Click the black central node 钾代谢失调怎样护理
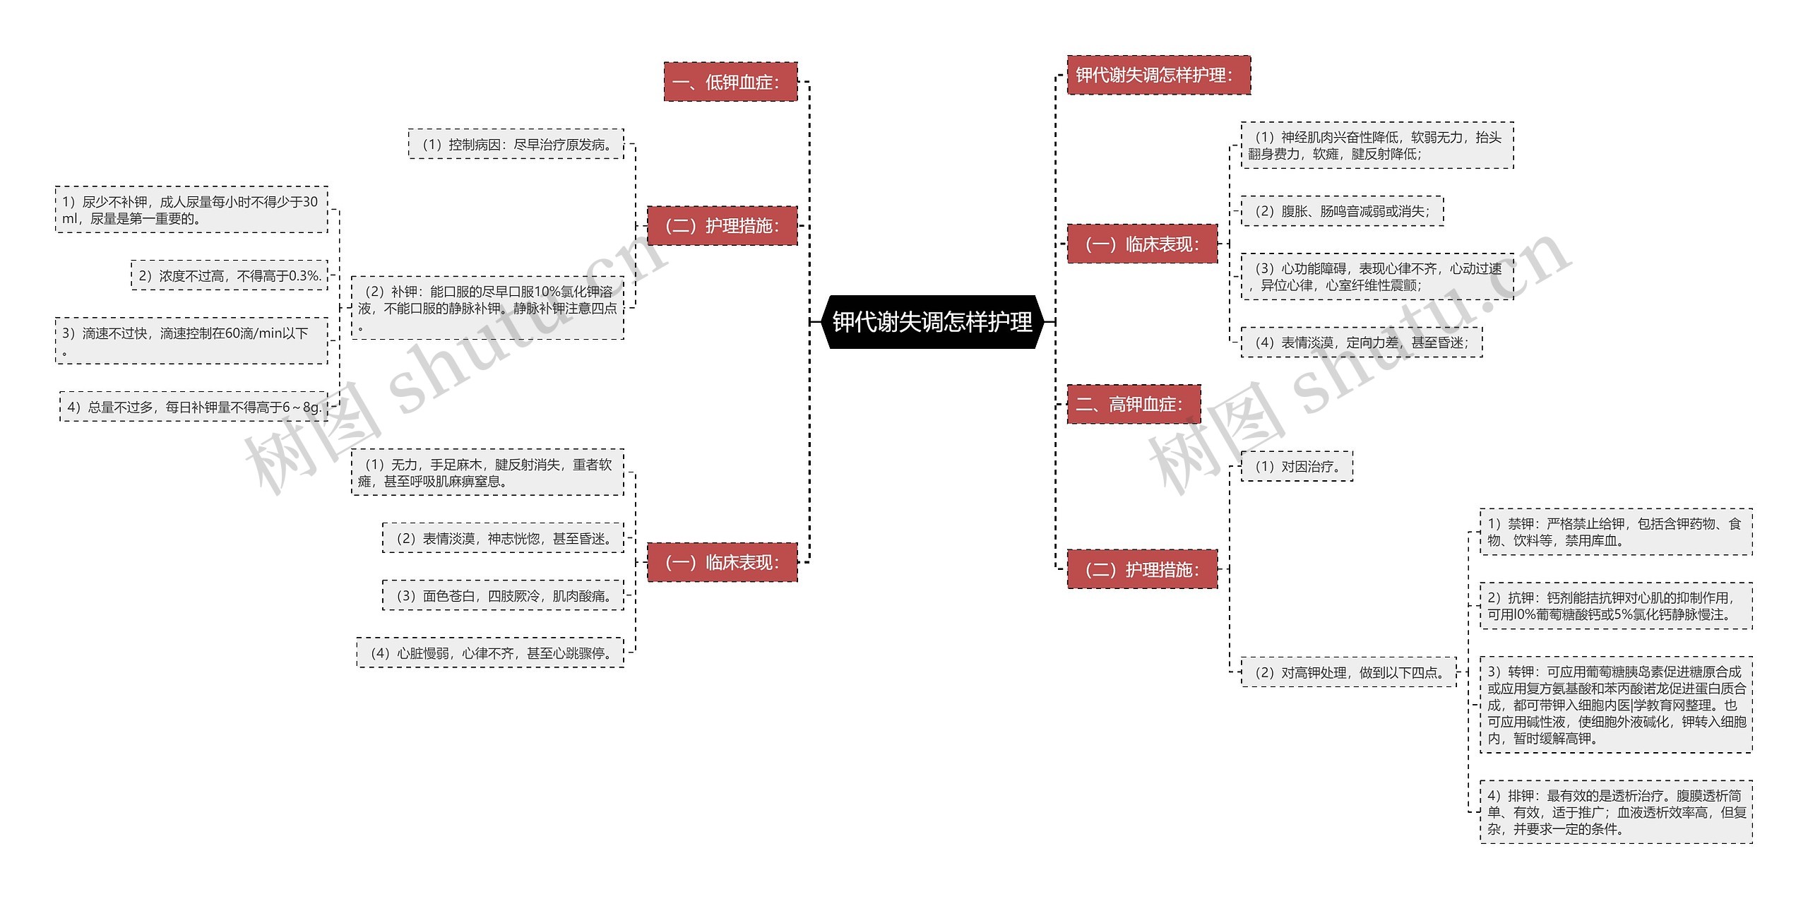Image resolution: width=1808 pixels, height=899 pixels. click(932, 322)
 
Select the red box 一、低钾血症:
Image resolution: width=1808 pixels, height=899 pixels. click(730, 82)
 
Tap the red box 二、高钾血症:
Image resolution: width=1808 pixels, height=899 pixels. click(1134, 404)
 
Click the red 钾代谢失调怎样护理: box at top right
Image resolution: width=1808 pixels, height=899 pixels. click(1158, 75)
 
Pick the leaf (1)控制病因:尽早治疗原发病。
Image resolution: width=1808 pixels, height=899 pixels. click(516, 144)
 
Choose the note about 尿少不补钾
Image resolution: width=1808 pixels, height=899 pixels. click(191, 210)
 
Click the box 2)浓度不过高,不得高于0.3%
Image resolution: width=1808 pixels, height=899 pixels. click(230, 275)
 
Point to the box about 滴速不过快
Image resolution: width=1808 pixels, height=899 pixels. click(191, 341)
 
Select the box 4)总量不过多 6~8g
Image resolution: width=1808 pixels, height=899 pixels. click(194, 407)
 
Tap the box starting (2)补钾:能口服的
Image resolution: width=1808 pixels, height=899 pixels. click(487, 308)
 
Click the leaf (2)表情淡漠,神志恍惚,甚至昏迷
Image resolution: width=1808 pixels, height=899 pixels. click(504, 538)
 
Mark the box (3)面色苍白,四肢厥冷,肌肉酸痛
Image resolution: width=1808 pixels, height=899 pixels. click(504, 595)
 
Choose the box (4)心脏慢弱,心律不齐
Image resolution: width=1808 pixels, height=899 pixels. click(490, 653)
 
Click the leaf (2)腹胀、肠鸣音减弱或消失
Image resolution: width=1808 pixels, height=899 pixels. click(1342, 211)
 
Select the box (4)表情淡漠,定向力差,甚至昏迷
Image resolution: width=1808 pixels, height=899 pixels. click(1362, 343)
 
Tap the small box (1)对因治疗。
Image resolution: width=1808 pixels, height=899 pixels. click(1297, 466)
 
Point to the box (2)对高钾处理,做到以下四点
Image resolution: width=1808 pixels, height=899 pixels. click(1349, 672)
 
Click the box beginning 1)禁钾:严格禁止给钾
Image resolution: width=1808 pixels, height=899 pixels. click(1616, 532)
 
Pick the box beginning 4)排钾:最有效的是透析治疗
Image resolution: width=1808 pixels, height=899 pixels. click(1616, 812)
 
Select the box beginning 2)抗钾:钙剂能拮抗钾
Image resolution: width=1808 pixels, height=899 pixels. click(1616, 606)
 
